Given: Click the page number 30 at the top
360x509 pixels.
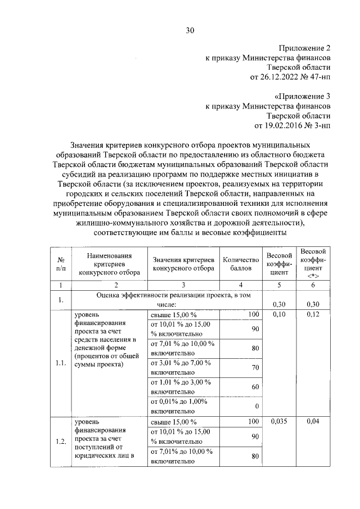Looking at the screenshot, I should (190, 31).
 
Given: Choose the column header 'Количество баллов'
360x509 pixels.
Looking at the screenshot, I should (241, 264).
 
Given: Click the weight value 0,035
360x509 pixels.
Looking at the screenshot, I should (278, 421).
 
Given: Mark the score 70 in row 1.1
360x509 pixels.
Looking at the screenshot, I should (255, 368).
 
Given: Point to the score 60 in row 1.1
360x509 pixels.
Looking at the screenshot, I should (255, 387).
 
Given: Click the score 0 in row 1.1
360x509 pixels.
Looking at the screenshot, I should (256, 406).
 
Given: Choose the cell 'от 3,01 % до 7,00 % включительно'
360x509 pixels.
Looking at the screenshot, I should (180, 367).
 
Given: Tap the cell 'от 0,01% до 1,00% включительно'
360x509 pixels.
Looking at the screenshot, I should (180, 406).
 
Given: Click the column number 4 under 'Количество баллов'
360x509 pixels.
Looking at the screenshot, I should (241, 286).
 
